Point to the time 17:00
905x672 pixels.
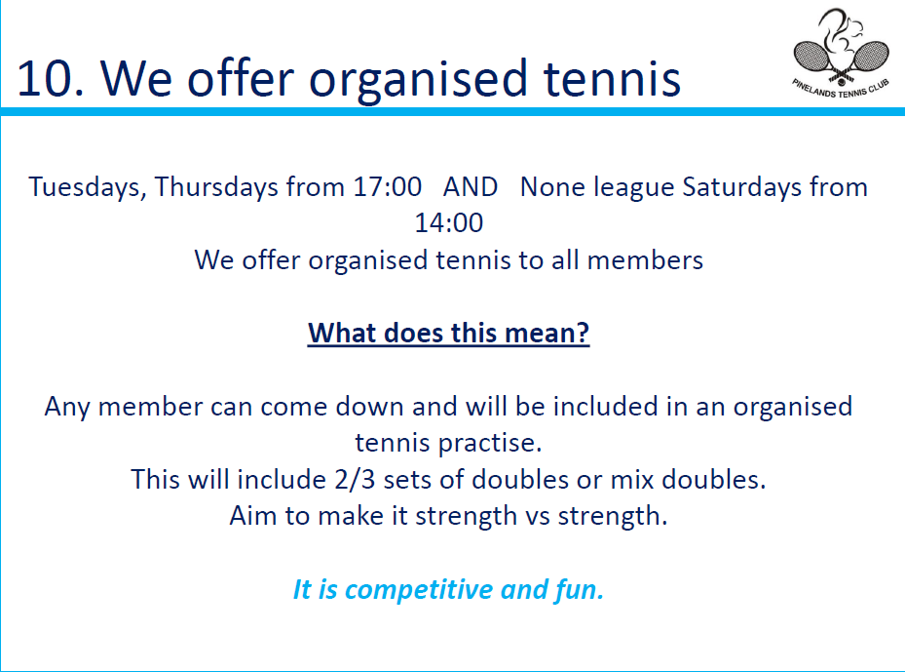[388, 187]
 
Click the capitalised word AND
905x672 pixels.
[471, 187]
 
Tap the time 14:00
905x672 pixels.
[448, 223]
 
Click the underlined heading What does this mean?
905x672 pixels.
[448, 333]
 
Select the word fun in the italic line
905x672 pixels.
[579, 589]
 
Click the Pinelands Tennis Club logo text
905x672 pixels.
[841, 89]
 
